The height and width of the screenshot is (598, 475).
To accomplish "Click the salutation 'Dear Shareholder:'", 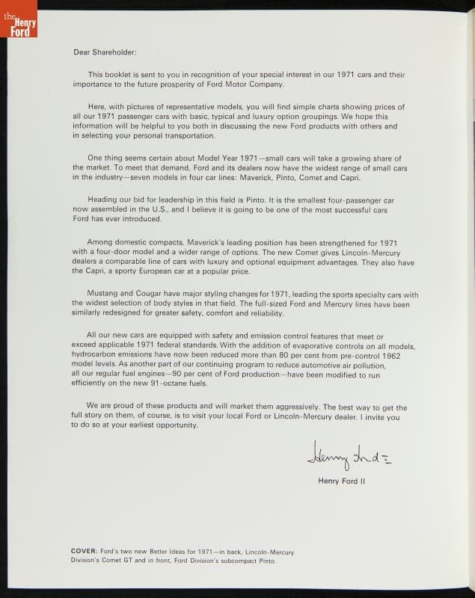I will [105, 52].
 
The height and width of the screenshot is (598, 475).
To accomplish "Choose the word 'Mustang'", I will [104, 295].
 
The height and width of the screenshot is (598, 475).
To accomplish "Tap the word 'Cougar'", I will [150, 295].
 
